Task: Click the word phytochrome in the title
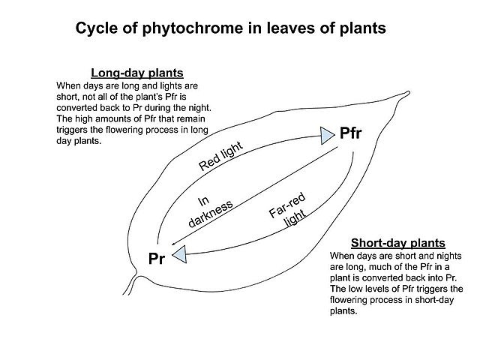(x=192, y=28)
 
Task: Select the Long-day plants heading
(x=137, y=73)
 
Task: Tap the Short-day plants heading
(x=398, y=243)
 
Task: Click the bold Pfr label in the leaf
(x=351, y=133)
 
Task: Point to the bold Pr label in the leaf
(x=157, y=259)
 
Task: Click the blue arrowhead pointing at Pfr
(x=327, y=136)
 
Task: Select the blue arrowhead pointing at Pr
(x=180, y=254)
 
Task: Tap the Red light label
(x=221, y=156)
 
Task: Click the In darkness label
(x=209, y=212)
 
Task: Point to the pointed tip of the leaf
(x=408, y=92)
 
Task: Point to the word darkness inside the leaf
(x=211, y=214)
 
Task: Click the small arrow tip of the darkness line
(x=172, y=244)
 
